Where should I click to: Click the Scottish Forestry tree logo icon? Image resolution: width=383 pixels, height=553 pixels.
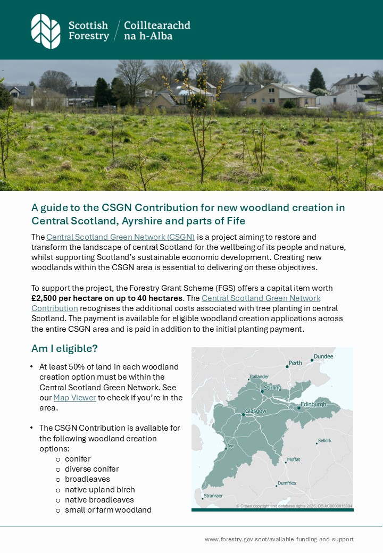coord(46,31)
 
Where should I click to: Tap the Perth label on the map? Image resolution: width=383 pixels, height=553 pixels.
coord(295,363)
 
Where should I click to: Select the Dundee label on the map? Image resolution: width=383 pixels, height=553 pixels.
coord(323,356)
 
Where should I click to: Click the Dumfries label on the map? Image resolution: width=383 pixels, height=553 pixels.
coord(287,483)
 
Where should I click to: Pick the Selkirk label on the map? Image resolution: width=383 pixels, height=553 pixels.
coord(324,441)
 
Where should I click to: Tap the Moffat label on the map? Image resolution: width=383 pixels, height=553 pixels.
coord(293,459)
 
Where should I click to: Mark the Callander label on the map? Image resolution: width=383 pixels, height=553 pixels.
coord(260,376)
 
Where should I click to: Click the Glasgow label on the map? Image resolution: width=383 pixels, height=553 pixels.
coord(255,411)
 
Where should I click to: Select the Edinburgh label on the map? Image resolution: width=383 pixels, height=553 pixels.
coord(313,404)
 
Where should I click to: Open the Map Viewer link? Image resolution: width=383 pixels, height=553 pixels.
coord(74,398)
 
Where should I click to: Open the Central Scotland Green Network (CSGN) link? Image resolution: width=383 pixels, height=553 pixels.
coord(120,237)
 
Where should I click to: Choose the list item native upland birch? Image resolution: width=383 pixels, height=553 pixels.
coord(99,490)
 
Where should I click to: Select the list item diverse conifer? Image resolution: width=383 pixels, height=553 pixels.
coord(91,469)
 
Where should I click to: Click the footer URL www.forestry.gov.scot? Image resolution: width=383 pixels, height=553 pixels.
coord(279,539)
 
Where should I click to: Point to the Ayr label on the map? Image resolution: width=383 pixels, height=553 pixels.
coord(230,446)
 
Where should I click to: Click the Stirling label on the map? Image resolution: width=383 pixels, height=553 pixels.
coord(272,388)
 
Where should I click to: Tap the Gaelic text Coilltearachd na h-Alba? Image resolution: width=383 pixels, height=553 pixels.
coord(156,31)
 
